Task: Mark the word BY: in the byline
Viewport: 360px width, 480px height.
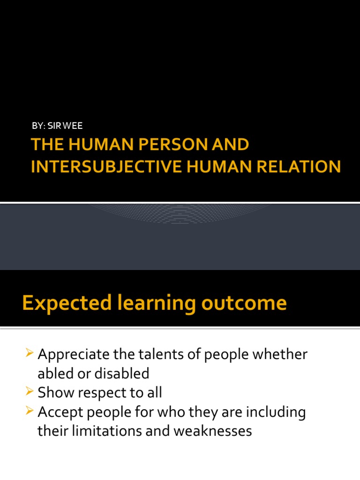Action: [38, 126]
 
